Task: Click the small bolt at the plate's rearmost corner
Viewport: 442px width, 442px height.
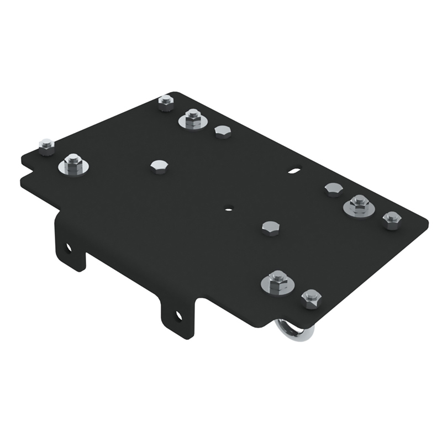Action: (165, 102)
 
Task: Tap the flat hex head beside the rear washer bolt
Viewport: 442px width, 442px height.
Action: (222, 131)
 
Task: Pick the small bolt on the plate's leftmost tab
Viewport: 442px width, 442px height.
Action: (46, 146)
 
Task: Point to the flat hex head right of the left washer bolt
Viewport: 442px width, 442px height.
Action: (159, 166)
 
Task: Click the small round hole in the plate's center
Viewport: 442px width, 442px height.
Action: (228, 208)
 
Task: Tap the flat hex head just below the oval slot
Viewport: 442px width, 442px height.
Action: (333, 190)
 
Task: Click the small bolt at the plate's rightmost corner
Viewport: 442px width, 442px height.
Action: (391, 219)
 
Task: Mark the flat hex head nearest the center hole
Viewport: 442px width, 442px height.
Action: (270, 228)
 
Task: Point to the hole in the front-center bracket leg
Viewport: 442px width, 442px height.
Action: (178, 315)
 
